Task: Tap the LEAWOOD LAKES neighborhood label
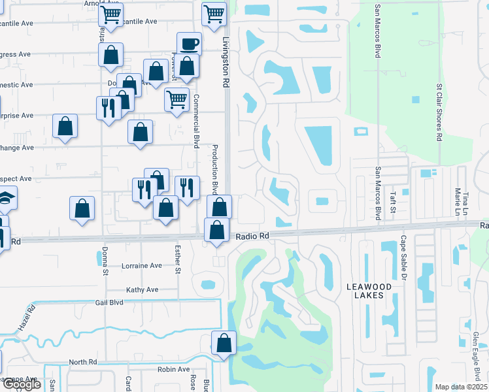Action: coord(369,291)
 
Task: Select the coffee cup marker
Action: coord(189,44)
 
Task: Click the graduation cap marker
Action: coord(5,199)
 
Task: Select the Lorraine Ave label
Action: coord(142,266)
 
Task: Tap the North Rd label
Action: coord(82,362)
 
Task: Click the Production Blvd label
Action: coord(213,175)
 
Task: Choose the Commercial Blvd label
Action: coord(195,122)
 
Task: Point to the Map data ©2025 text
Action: coord(461,387)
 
